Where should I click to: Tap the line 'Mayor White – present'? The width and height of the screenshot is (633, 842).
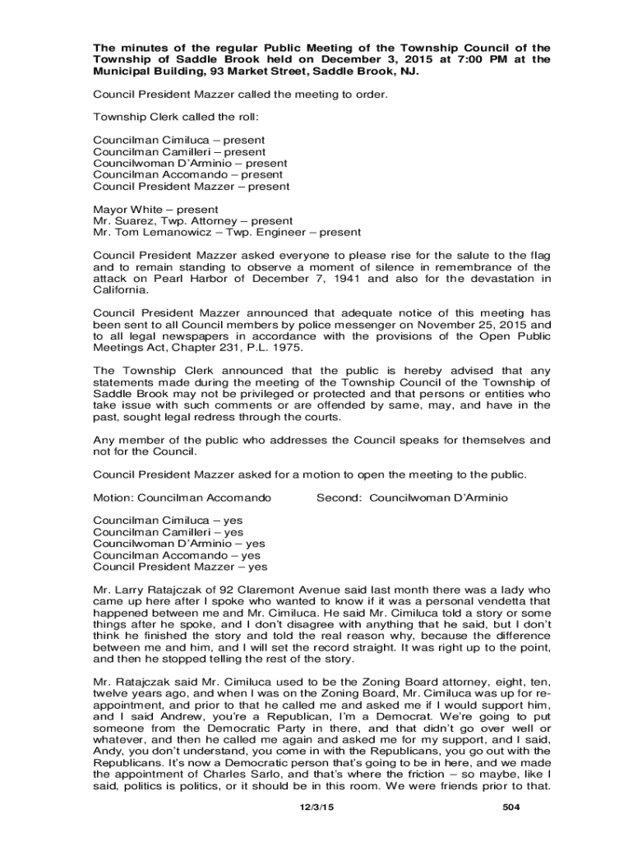pyautogui.click(x=155, y=210)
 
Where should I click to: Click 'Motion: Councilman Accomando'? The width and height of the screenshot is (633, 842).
pyautogui.click(x=182, y=497)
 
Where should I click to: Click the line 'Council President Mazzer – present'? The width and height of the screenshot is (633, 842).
pyautogui.click(x=191, y=187)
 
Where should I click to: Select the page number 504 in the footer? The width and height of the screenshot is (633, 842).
pyautogui.click(x=511, y=809)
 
